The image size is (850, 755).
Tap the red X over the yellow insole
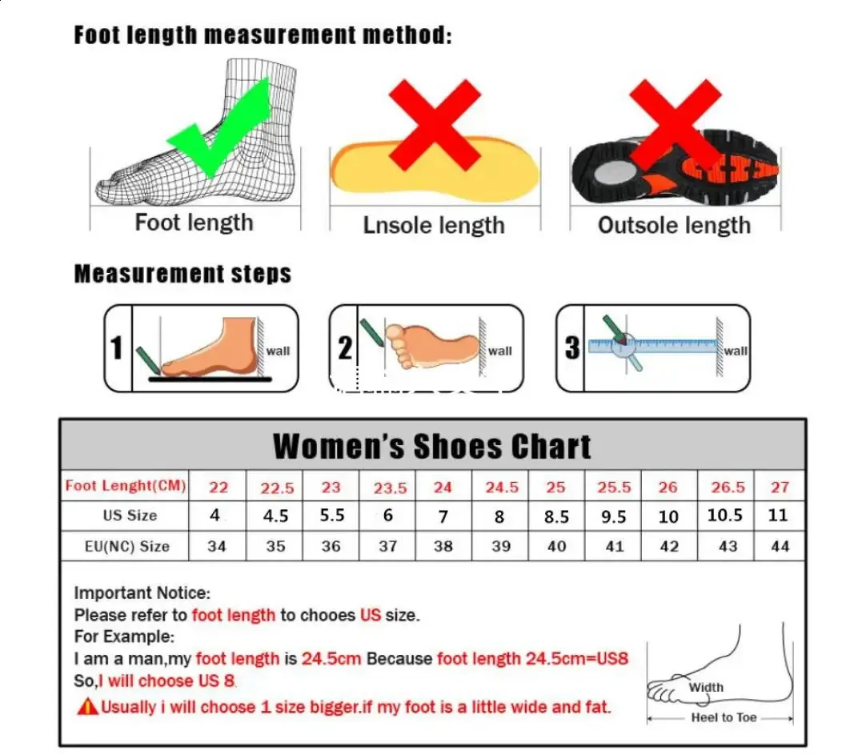click(x=435, y=125)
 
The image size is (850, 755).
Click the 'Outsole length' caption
click(x=674, y=225)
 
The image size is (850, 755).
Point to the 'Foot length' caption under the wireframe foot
click(x=194, y=222)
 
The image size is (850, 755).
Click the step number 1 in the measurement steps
click(x=117, y=348)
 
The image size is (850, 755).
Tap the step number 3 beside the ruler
click(x=571, y=348)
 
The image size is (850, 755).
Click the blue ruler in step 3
click(x=652, y=346)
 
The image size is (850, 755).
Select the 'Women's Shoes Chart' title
click(x=432, y=446)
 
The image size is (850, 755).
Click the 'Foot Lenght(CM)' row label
click(x=126, y=485)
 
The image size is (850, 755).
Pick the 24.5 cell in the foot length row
click(x=502, y=487)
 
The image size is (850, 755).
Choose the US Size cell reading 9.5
click(x=613, y=516)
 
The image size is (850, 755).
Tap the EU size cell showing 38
click(x=443, y=546)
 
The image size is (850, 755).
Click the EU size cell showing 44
click(x=780, y=546)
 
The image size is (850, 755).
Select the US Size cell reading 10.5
click(x=725, y=516)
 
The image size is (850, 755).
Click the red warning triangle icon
click(x=87, y=707)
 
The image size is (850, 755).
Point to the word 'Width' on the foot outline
click(x=706, y=687)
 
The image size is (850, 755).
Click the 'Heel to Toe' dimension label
click(x=724, y=717)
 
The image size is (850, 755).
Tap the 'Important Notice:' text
click(x=142, y=593)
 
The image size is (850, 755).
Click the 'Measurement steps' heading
click(x=182, y=274)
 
